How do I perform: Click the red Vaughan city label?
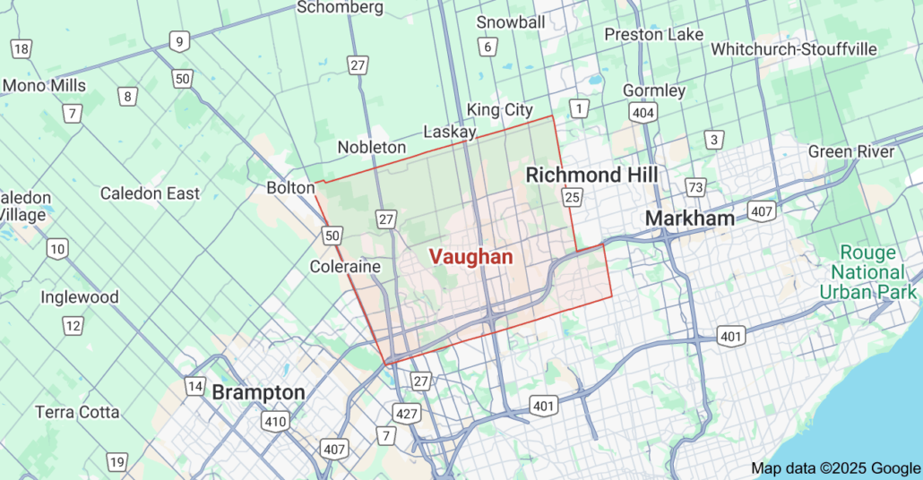tap(470, 257)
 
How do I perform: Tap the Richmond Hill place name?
tap(591, 175)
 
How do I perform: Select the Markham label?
tap(689, 218)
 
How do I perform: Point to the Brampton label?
tap(258, 392)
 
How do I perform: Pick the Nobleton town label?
tap(371, 147)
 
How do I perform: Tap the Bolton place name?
tap(290, 188)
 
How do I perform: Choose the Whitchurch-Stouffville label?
tap(793, 49)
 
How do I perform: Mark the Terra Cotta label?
tap(77, 413)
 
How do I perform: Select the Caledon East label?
tap(150, 193)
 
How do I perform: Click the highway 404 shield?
tap(643, 112)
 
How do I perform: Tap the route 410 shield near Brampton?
tap(275, 421)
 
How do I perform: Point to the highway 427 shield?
tap(406, 413)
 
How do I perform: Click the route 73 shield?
tap(695, 187)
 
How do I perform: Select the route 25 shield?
tap(573, 196)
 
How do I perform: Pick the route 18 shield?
tap(21, 49)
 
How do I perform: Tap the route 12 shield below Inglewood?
tap(73, 326)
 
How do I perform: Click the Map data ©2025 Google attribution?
tap(834, 467)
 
